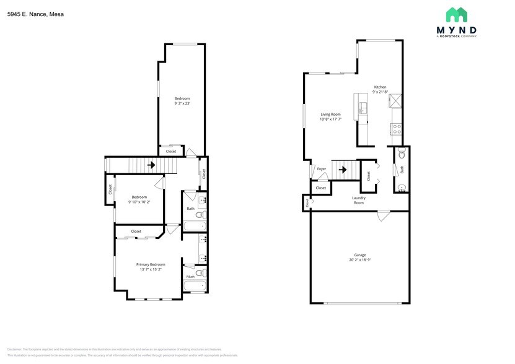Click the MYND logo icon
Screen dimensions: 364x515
pos(457,15)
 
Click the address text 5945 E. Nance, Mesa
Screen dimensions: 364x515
pos(35,14)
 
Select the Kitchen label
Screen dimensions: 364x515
pos(380,87)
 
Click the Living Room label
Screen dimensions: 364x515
pos(330,115)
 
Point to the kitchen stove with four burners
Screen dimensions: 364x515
pos(396,129)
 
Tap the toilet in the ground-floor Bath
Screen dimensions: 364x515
pos(402,152)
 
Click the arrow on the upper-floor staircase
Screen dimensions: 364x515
pos(151,165)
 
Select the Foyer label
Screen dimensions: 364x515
pos(321,169)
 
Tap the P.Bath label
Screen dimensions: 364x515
pos(190,276)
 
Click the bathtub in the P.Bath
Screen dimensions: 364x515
pos(195,286)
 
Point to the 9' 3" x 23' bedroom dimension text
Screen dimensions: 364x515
pos(182,104)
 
